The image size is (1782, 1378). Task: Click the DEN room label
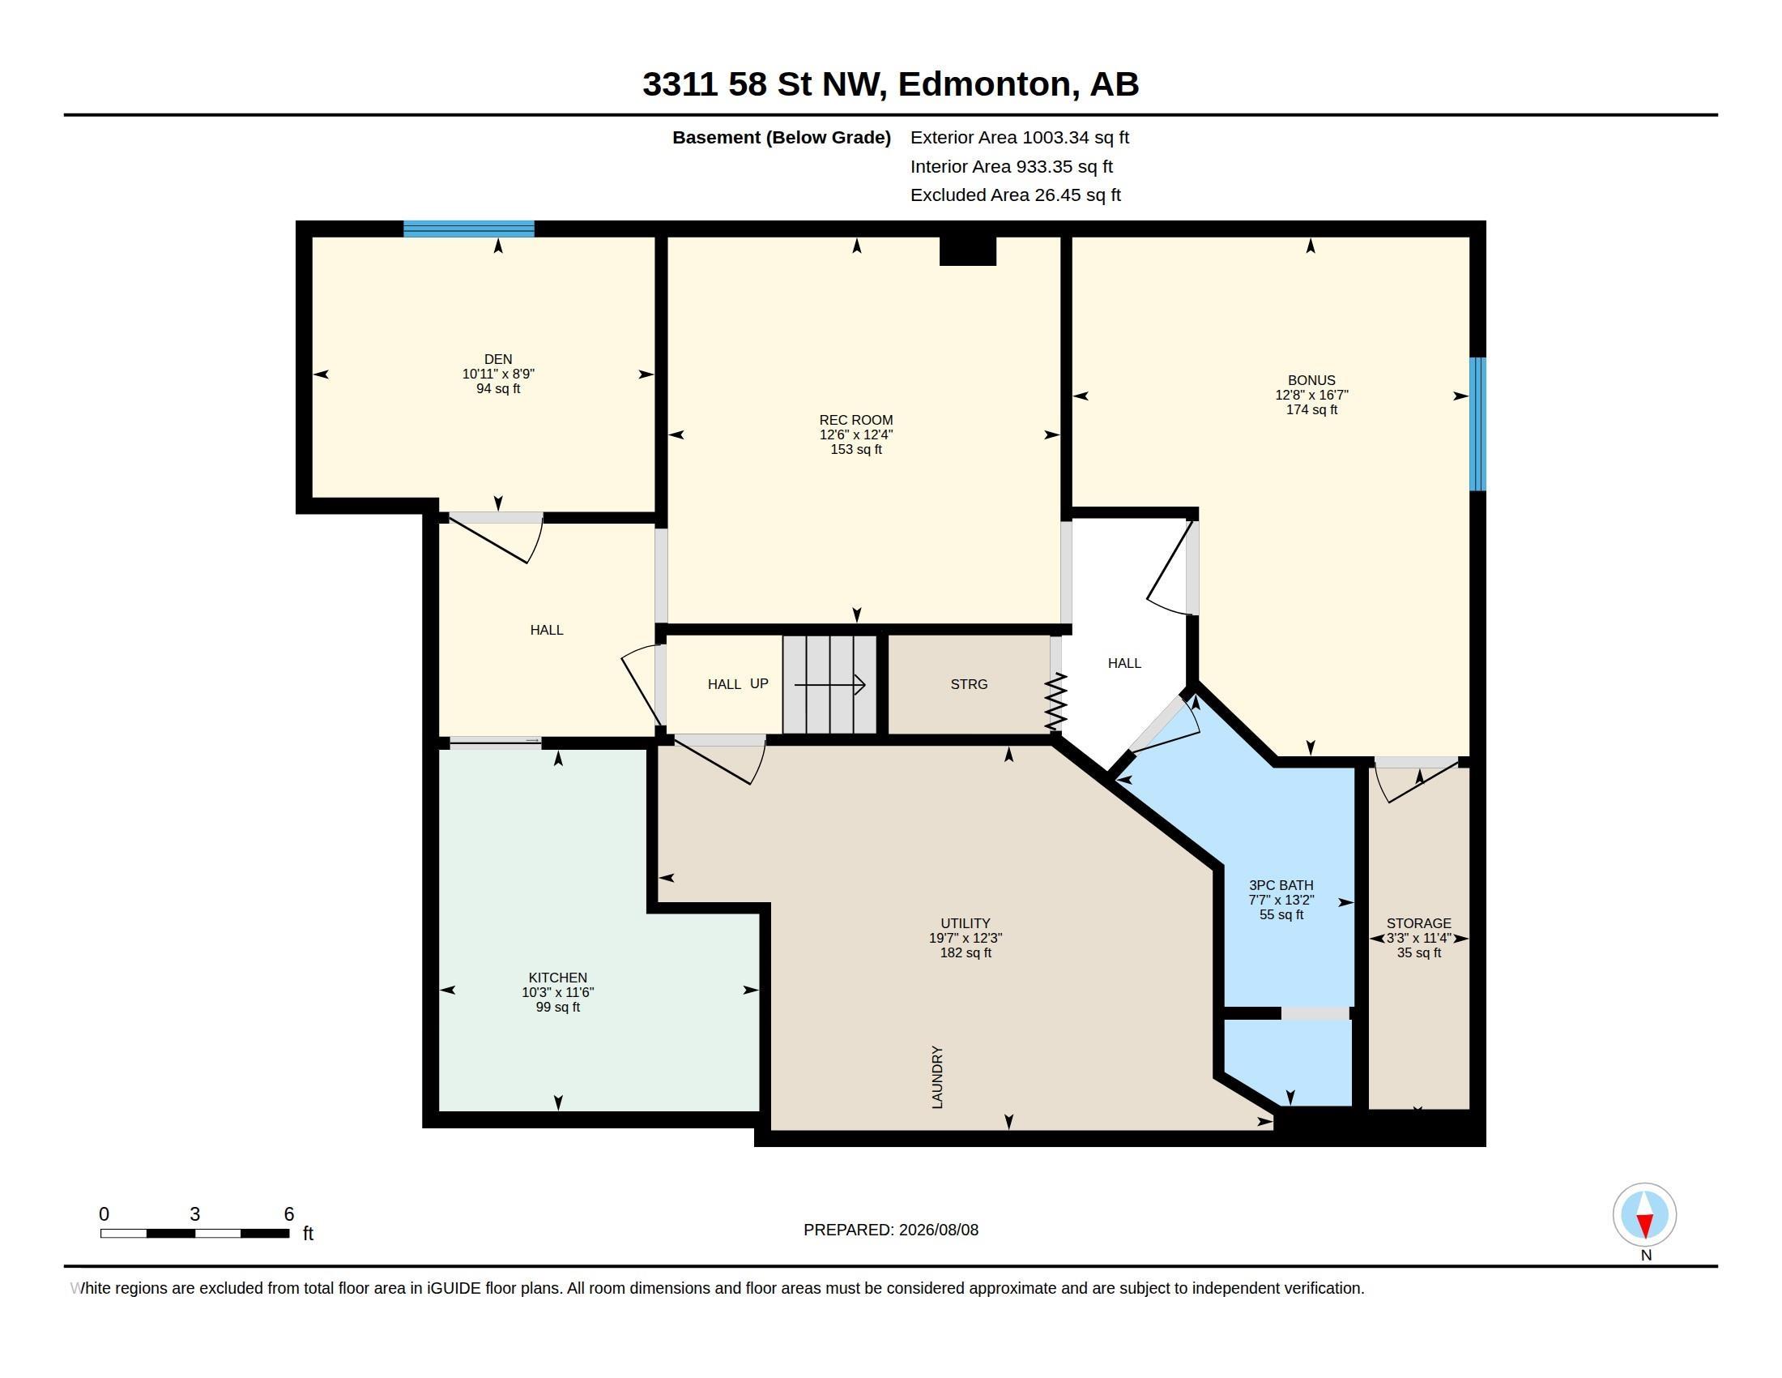497,359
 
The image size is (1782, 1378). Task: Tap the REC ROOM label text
856,421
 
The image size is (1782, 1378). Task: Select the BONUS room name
1311,380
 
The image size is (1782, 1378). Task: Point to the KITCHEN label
557,978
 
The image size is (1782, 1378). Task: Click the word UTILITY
966,923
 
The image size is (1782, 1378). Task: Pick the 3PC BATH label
1281,885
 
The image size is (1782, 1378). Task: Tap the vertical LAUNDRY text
937,1076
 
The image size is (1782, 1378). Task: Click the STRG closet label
969,684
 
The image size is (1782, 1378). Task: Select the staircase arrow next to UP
829,684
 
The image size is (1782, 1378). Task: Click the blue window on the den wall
468,229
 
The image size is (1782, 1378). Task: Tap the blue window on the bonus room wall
1477,424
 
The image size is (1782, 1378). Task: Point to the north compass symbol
1644,1215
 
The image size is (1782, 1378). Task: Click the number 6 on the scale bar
289,1214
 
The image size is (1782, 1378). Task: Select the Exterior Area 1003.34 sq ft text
1019,137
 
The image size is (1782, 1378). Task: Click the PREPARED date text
890,1230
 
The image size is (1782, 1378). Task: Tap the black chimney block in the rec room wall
968,250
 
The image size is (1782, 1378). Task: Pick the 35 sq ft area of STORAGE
1418,952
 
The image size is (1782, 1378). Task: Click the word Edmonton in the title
985,84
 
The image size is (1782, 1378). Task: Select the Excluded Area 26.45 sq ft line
1015,195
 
